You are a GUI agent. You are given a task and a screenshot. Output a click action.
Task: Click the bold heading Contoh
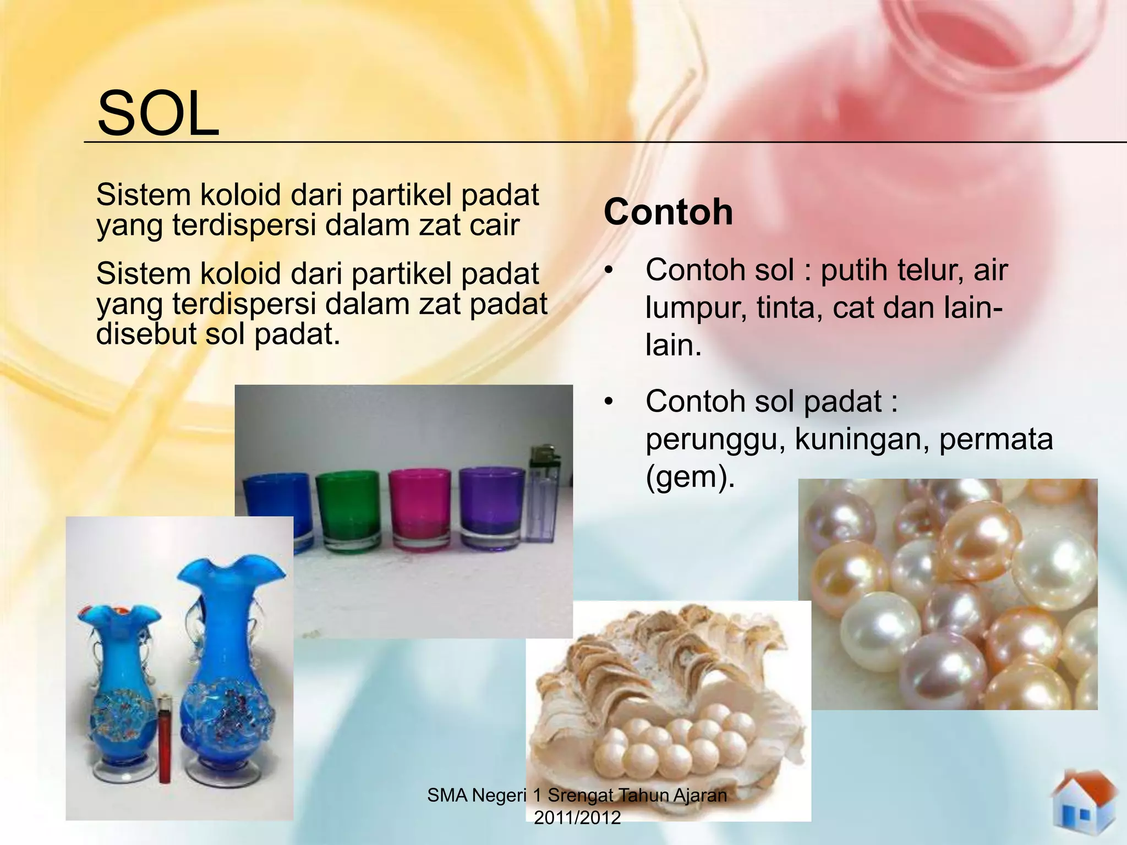pyautogui.click(x=668, y=212)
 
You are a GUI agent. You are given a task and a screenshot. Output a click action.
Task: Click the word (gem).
pyautogui.click(x=690, y=476)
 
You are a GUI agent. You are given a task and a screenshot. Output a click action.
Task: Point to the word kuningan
pyautogui.click(x=862, y=439)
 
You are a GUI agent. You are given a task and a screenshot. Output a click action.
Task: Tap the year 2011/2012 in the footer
pyautogui.click(x=577, y=817)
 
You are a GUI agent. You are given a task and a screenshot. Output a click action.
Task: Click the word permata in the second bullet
pyautogui.click(x=995, y=439)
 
